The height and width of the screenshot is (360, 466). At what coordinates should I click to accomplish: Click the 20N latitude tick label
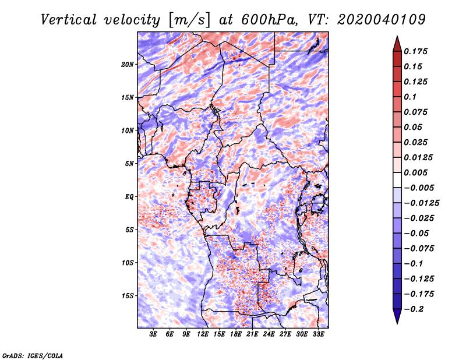pyautogui.click(x=128, y=65)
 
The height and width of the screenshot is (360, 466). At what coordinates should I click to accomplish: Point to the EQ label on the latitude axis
pyautogui.click(x=129, y=197)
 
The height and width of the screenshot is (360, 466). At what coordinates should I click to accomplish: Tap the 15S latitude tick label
pyautogui.click(x=128, y=296)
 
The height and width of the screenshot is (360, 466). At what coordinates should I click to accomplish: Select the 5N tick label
pyautogui.click(x=129, y=164)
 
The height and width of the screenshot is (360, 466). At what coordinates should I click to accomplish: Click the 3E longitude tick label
pyautogui.click(x=153, y=334)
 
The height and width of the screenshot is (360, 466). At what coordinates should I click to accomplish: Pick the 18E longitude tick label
pyautogui.click(x=236, y=334)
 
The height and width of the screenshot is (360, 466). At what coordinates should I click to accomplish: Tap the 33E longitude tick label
pyautogui.click(x=318, y=334)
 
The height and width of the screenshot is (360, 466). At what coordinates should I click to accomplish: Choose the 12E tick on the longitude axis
pyautogui.click(x=203, y=334)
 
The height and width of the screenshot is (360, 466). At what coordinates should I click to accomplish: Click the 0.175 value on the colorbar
pyautogui.click(x=415, y=51)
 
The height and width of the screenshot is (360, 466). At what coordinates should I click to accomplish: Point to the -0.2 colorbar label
pyautogui.click(x=414, y=309)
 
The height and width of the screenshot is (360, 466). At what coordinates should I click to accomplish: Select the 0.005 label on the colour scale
pyautogui.click(x=415, y=172)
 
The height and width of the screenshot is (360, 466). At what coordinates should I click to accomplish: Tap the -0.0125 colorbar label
pyautogui.click(x=421, y=203)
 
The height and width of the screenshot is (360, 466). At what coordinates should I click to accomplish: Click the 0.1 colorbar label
pyautogui.click(x=410, y=97)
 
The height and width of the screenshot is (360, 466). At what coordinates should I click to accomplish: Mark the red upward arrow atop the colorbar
pyautogui.click(x=397, y=44)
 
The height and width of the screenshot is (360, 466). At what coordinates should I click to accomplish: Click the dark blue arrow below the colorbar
pyautogui.click(x=397, y=316)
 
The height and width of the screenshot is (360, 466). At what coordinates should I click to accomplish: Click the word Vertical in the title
pyautogui.click(x=69, y=20)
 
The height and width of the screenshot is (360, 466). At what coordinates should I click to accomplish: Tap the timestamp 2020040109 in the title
pyautogui.click(x=382, y=20)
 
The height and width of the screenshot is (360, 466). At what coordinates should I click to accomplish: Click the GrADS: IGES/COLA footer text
pyautogui.click(x=33, y=355)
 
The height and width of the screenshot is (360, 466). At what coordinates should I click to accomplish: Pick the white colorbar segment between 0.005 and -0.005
pyautogui.click(x=397, y=180)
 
